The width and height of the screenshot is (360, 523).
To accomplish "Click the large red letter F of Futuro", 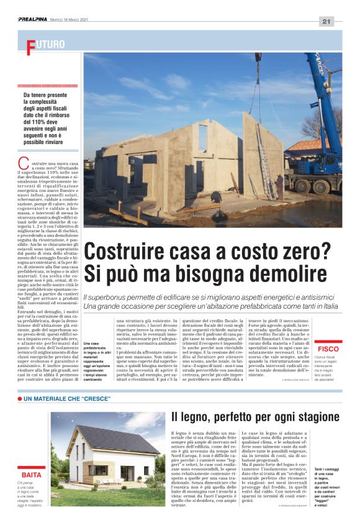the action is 30,45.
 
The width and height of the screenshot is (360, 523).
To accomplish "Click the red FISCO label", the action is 328,350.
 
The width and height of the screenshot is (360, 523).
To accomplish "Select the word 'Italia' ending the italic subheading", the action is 326,306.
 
